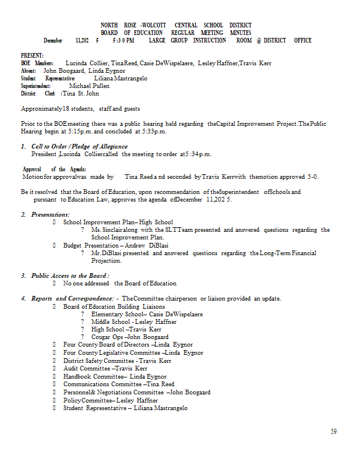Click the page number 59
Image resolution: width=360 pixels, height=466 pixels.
click(x=333, y=432)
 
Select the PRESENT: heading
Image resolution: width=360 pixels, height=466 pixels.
click(x=32, y=55)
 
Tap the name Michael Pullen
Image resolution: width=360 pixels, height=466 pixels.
click(x=85, y=86)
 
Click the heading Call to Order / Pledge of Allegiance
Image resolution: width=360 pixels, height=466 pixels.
click(x=79, y=146)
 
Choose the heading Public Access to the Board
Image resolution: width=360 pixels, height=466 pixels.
click(x=70, y=276)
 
